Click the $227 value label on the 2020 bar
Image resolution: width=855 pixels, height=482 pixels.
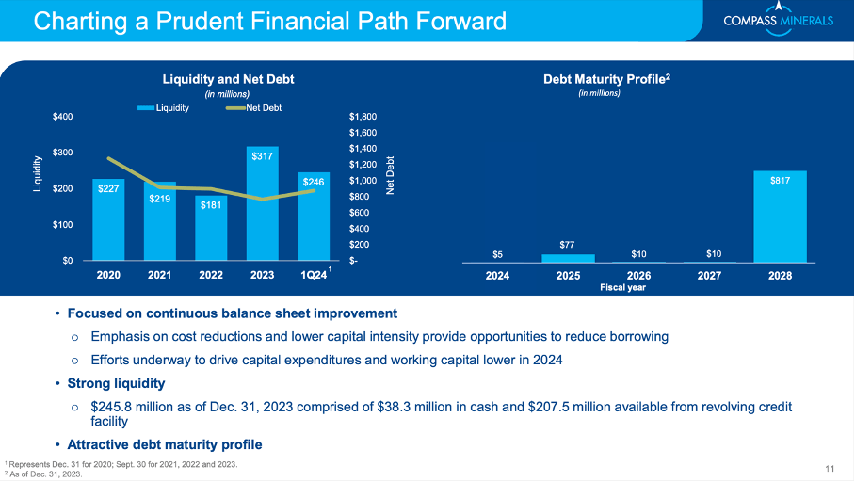tap(108, 188)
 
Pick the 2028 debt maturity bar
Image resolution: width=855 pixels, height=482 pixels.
tap(780, 217)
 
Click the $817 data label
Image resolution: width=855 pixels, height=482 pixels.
tap(780, 178)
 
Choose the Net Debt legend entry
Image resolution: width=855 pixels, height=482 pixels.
tap(253, 108)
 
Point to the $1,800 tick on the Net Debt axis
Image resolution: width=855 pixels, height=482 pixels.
tap(363, 117)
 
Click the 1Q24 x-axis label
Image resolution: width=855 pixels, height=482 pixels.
tap(313, 276)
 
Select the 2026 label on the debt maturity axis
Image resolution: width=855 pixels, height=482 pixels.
tap(639, 277)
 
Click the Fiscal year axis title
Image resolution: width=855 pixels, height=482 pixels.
tap(623, 288)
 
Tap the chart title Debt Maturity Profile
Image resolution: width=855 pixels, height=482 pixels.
tap(605, 79)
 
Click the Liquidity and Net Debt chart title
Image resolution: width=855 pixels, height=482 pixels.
tap(227, 79)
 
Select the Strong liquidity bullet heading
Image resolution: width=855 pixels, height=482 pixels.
tap(116, 383)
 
